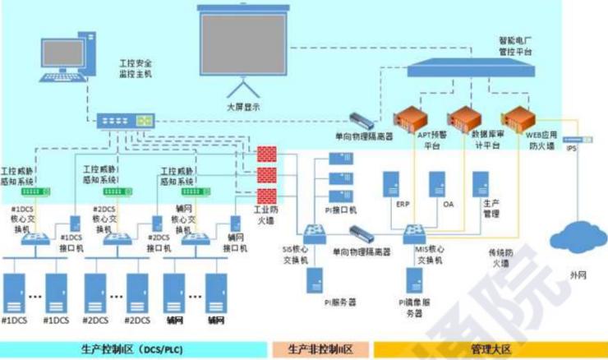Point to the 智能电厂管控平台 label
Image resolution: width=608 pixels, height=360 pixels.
[516, 45]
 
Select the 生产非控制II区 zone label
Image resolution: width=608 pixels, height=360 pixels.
[320, 349]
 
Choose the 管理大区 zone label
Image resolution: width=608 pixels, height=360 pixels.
[491, 349]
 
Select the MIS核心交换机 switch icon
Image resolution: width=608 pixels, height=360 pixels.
[417, 233]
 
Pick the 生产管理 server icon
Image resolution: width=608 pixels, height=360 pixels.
[481, 183]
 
